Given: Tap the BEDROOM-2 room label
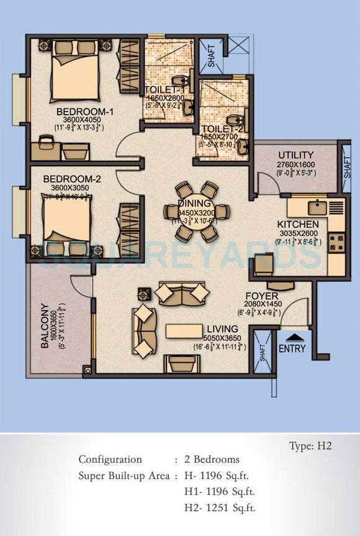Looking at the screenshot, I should [68, 179].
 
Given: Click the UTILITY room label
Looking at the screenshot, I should [295, 154].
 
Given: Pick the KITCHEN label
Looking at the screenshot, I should [299, 224].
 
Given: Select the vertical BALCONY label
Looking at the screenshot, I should [44, 326].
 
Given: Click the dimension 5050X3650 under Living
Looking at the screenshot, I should [223, 337].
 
